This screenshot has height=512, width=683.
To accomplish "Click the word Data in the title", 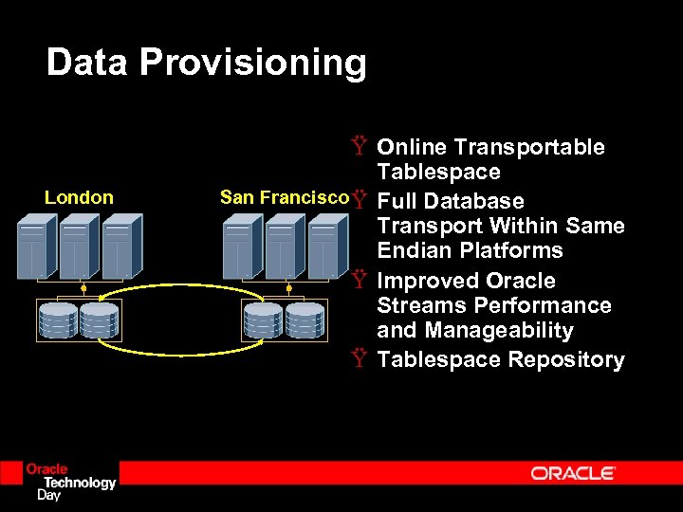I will click(87, 63).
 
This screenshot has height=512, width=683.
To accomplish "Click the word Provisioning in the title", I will click(252, 63).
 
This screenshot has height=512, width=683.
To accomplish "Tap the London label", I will click(79, 197).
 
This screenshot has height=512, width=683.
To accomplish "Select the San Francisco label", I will click(284, 197).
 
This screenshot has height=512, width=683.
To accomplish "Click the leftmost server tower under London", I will click(32, 246).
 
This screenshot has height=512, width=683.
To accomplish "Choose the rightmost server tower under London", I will click(120, 246).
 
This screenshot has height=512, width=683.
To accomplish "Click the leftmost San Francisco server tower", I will click(239, 246).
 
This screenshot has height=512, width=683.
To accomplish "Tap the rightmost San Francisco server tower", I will click(326, 246).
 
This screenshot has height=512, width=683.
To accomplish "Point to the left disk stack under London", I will click(58, 320).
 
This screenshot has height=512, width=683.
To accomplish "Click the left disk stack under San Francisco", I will click(263, 320).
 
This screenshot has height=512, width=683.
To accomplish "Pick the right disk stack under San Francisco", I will click(305, 320).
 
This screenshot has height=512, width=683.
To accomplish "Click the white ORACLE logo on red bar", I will click(573, 472).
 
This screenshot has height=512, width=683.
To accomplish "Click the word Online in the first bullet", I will click(413, 147).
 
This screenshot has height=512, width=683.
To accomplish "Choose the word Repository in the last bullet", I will click(566, 359).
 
